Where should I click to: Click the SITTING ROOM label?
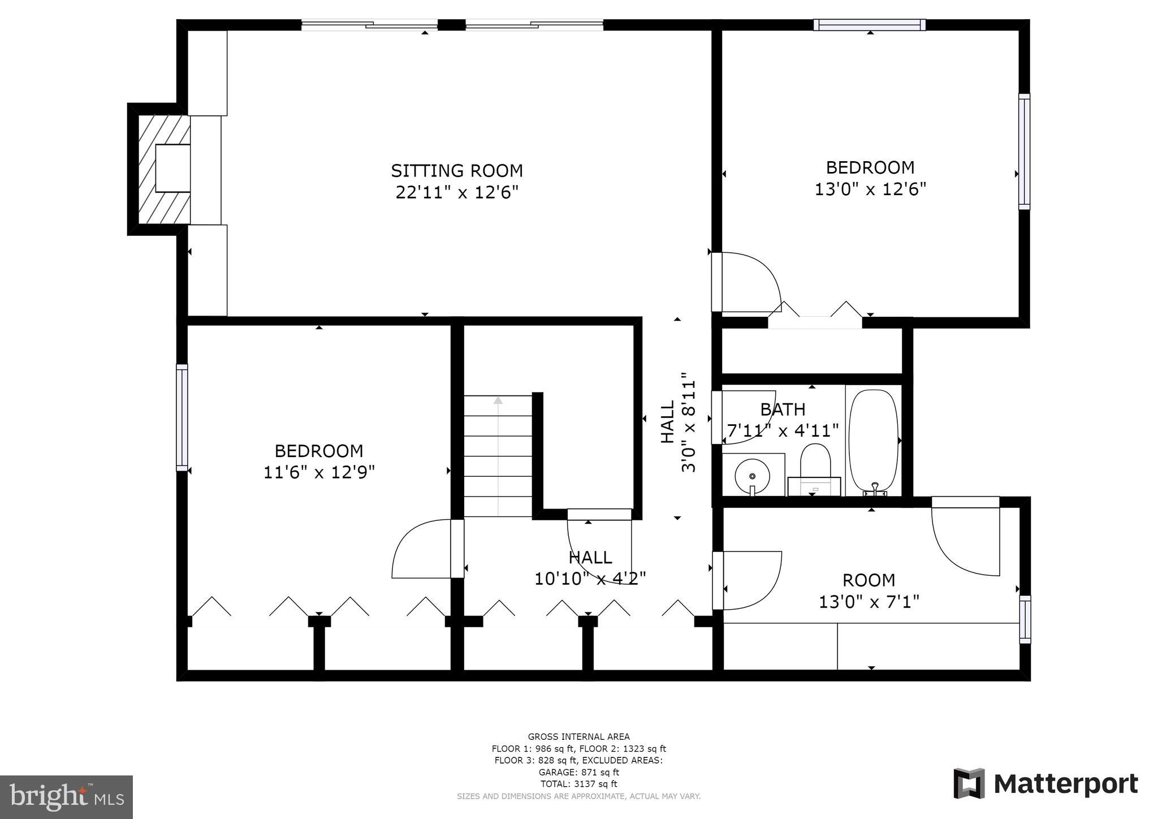[x=457, y=170]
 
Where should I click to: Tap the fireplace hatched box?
[x=164, y=169]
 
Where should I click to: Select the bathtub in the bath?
[x=873, y=440]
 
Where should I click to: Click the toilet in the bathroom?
[x=815, y=464]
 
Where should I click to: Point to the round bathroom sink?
[x=752, y=475]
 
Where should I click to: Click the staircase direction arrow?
[x=498, y=400]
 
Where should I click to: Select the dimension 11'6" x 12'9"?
[x=319, y=472]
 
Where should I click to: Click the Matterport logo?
[x=1045, y=784]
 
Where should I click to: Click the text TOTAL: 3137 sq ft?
[x=578, y=784]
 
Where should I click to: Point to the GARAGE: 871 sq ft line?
[x=578, y=772]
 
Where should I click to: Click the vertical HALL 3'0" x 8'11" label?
[x=678, y=422]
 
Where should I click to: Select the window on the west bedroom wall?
[x=182, y=417]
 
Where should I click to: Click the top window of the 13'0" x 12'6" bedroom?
[x=869, y=25]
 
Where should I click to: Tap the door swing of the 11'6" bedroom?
[x=421, y=551]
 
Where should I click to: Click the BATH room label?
[x=783, y=409]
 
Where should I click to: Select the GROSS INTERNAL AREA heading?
[x=578, y=736]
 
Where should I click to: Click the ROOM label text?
[x=868, y=580]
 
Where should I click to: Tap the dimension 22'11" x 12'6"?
[x=457, y=193]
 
